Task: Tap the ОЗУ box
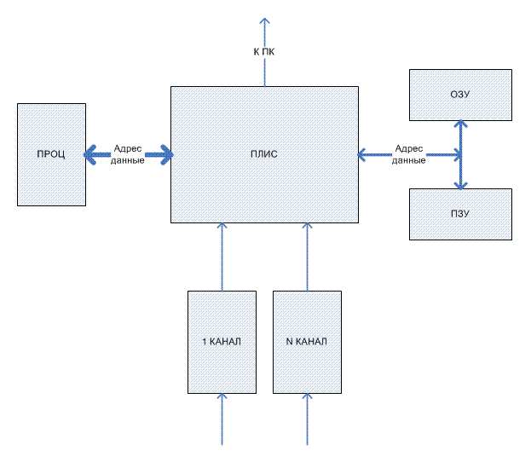[x=460, y=95]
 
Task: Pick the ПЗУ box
[x=460, y=214]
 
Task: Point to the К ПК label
[x=264, y=52]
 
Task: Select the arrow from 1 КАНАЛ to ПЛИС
[x=222, y=256]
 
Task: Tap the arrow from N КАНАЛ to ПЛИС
[x=307, y=256]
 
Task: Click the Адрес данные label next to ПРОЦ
[x=127, y=154]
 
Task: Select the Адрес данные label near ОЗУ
[x=410, y=154]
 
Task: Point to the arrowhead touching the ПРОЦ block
[x=89, y=154]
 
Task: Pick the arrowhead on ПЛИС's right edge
[x=362, y=154]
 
